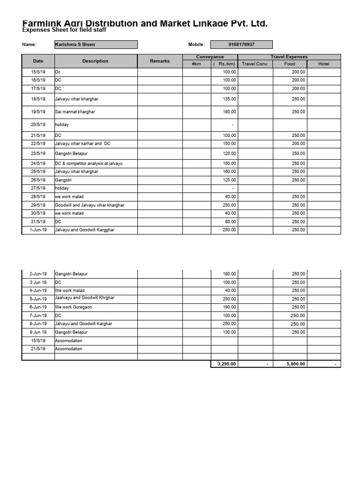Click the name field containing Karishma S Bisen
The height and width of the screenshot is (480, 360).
click(x=96, y=45)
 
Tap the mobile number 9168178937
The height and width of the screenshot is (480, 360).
click(x=241, y=45)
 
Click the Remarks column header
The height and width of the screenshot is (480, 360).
click(x=160, y=61)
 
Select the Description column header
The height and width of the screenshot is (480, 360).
click(x=95, y=61)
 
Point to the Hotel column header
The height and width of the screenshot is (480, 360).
click(x=323, y=64)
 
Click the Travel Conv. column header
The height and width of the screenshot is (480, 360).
click(x=255, y=64)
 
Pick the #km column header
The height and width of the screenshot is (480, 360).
click(x=196, y=64)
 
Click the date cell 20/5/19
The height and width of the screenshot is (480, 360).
click(x=38, y=125)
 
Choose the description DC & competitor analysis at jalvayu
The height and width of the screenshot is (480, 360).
click(x=89, y=164)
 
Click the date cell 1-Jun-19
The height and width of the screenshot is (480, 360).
click(x=38, y=230)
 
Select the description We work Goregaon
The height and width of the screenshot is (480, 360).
click(x=74, y=307)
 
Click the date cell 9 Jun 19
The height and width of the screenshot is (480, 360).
click(x=38, y=332)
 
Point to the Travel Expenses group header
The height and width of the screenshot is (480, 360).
click(x=289, y=57)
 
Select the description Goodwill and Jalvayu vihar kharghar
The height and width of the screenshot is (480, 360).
click(x=90, y=205)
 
